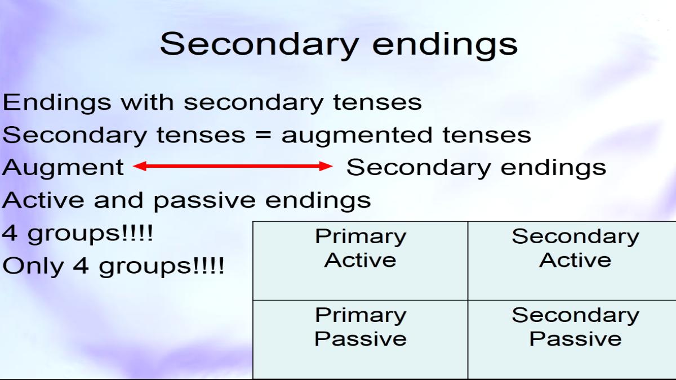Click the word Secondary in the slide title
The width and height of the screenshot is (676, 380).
(259, 45)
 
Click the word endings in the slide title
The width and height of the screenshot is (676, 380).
(445, 44)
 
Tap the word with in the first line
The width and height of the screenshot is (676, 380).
(147, 102)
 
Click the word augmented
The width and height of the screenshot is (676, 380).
(357, 136)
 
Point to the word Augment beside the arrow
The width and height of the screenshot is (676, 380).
(63, 168)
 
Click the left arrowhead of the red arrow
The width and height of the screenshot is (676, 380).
(140, 166)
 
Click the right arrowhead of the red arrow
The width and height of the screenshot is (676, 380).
(326, 166)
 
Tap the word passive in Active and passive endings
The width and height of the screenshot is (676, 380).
(204, 200)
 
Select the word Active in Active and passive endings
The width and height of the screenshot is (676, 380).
(43, 200)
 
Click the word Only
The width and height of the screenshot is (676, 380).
(33, 265)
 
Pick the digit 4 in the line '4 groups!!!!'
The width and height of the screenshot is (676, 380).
(10, 233)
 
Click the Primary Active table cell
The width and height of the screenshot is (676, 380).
(361, 261)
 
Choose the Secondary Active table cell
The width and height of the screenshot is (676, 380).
(572, 261)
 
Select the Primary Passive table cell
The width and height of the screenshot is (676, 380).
(361, 339)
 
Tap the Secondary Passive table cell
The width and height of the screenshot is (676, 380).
(572, 339)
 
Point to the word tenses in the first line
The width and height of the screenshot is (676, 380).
(377, 102)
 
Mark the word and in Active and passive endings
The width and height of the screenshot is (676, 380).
(119, 200)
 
